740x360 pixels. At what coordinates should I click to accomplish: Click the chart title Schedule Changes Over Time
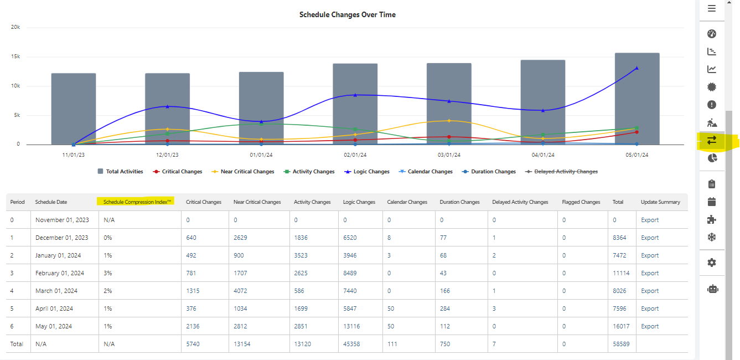tap(347, 15)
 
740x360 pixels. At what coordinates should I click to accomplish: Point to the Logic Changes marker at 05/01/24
tap(636, 68)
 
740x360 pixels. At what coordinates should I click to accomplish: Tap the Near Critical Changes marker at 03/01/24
tap(449, 120)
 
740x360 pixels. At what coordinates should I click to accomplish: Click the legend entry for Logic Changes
tap(367, 172)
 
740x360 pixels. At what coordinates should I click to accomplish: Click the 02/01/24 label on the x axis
tap(355, 156)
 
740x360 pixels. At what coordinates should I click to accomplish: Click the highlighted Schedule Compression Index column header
tap(137, 202)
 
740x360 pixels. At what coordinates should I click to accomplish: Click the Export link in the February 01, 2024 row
tap(649, 273)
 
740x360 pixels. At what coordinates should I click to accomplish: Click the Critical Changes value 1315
tap(193, 291)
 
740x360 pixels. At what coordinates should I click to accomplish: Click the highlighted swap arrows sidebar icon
tap(712, 141)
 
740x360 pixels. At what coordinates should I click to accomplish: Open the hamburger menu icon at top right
tap(712, 8)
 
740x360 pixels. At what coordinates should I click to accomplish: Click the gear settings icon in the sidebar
tap(712, 263)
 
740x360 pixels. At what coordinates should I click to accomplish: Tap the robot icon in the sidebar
tap(712, 289)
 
